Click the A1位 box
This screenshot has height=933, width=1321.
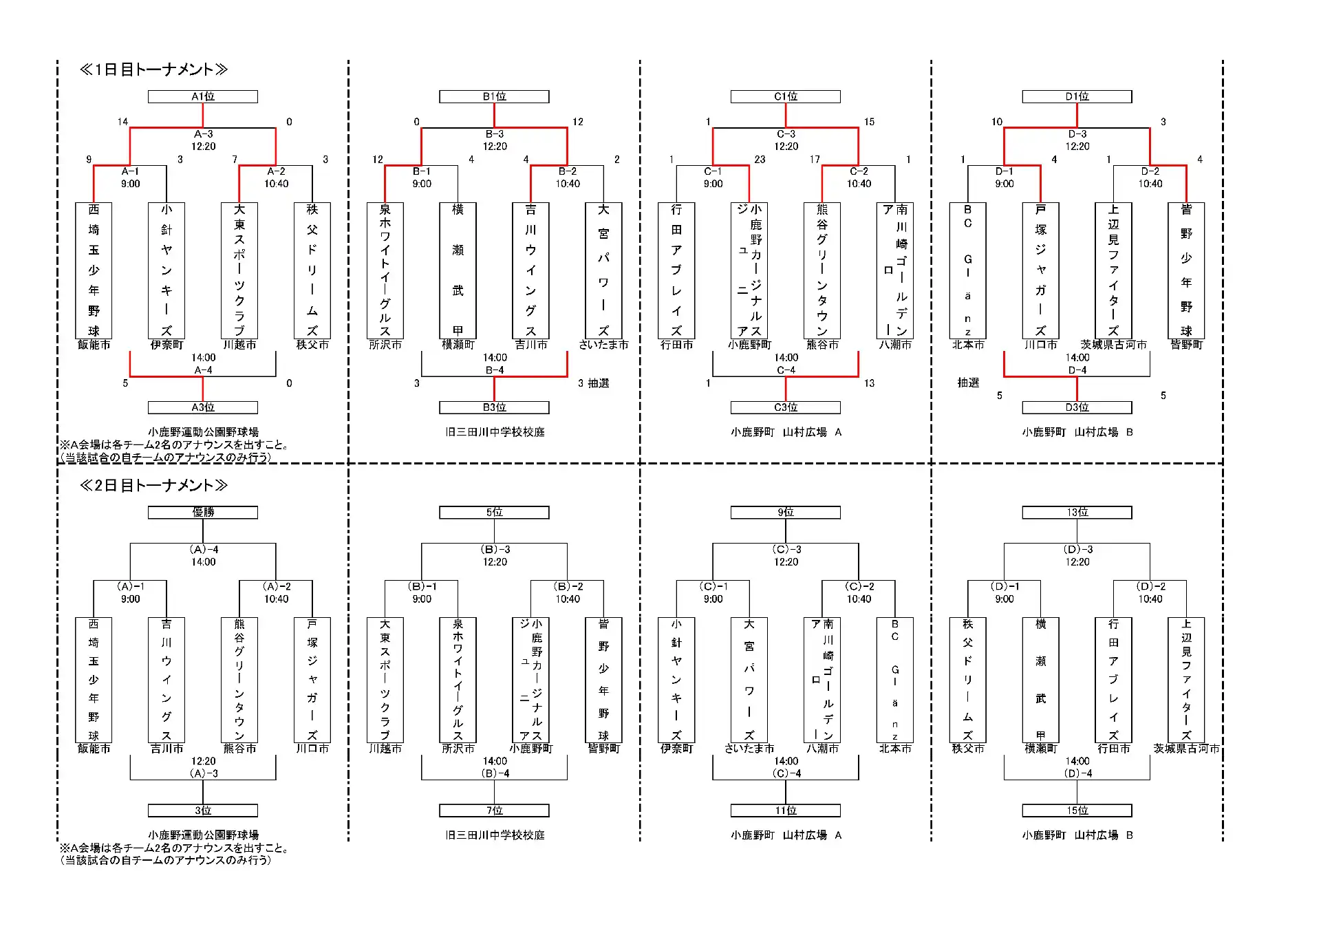coord(203,97)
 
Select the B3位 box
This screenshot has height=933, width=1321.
coord(494,407)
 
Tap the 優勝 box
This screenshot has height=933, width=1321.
coord(203,513)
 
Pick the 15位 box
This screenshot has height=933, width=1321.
coord(1077,811)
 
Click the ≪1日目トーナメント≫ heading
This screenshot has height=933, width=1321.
coord(153,69)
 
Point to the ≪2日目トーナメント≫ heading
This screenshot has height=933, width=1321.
coord(153,486)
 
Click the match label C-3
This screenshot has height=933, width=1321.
coord(786,134)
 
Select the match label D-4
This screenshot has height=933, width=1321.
coord(1077,370)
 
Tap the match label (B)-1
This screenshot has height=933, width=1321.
coord(422,587)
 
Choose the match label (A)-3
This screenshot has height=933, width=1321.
coord(204,773)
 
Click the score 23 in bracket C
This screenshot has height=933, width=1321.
coord(760,160)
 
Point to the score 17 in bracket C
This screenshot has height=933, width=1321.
coord(815,160)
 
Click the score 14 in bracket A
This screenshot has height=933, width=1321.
coord(122,122)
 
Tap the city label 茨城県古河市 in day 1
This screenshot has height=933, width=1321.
coord(1114,345)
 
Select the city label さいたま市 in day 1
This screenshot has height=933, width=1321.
coord(603,345)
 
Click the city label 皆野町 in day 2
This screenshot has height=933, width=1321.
coord(603,749)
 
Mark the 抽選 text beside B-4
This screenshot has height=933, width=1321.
coord(598,383)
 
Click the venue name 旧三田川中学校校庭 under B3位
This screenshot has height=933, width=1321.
coord(495,432)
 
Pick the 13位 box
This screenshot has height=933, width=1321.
coord(1077,513)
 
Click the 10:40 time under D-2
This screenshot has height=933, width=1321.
coord(1150,184)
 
